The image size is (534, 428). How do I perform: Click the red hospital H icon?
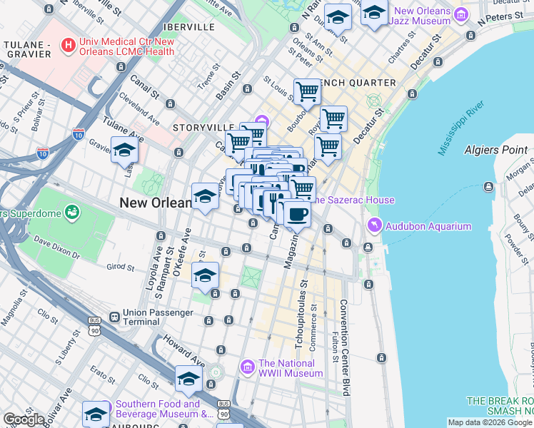coord(68,46)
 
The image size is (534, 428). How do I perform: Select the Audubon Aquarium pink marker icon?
coord(375,226)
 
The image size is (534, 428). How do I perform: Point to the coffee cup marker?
coord(297,213)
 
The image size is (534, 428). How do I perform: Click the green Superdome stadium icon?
coord(72,211)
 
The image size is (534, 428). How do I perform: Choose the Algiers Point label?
coord(495,150)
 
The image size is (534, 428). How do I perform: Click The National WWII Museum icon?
coord(247,367)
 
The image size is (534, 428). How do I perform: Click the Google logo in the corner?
coord(24,419)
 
